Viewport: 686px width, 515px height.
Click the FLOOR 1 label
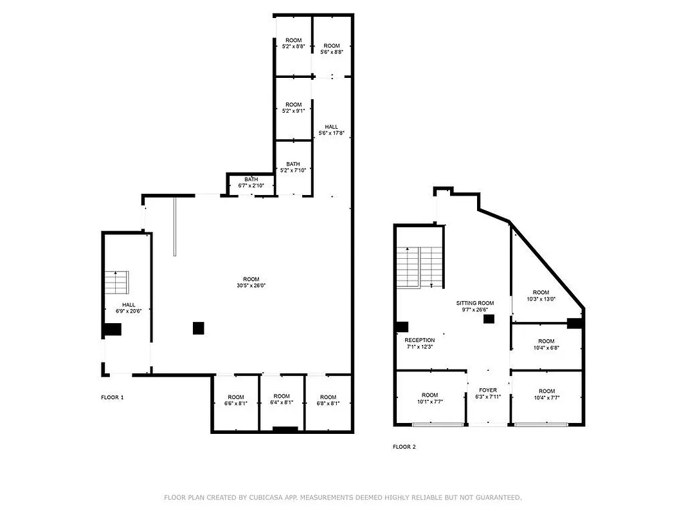112,397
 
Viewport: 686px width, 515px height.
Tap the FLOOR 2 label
404,447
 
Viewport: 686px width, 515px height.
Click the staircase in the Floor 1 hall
117,281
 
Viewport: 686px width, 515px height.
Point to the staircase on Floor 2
419,267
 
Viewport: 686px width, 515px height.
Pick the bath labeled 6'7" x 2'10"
251,183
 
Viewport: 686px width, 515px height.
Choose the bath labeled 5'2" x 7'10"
293,167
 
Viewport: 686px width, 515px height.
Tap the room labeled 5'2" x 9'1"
293,108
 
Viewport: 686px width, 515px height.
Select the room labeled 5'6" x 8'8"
332,48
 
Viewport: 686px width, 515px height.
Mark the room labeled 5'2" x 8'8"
293,43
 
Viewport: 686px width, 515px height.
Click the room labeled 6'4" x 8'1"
282,400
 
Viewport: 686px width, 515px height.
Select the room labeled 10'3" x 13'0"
541,295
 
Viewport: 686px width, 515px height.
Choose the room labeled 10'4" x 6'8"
546,344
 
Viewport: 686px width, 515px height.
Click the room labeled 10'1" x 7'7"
429,398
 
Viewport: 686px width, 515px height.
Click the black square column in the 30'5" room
199,328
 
